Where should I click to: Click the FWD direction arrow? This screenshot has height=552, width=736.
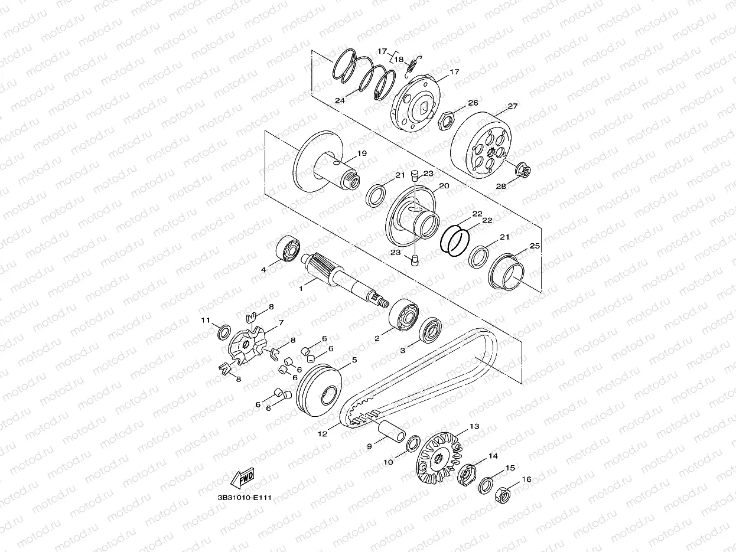242,479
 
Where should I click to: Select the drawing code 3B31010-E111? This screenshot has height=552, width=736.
245,498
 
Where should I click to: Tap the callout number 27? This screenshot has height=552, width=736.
513,106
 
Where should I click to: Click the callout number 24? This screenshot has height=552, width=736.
340,100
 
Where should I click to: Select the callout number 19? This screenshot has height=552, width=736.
362,153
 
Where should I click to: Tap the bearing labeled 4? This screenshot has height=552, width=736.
288,249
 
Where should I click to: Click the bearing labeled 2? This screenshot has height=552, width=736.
403,315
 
